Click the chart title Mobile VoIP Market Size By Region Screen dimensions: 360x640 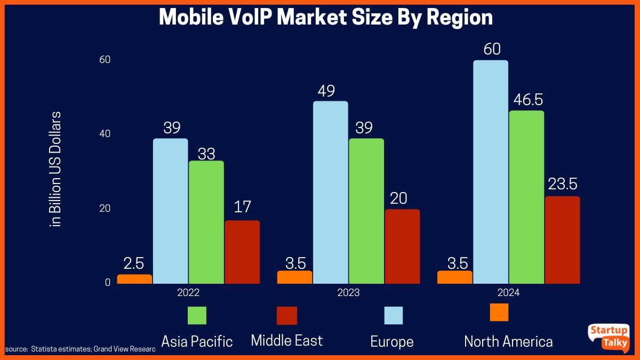point(326,18)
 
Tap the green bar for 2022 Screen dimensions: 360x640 point(206,222)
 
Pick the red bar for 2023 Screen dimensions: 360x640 point(402,246)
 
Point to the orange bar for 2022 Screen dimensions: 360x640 point(134,279)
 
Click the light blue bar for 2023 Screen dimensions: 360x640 point(330,192)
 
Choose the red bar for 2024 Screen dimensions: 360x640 point(562,239)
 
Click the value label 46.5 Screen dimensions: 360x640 point(526,100)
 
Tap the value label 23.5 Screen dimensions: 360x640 point(562,185)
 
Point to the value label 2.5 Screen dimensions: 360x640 point(134,264)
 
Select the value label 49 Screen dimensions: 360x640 point(326,91)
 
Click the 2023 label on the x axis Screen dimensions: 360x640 point(349,293)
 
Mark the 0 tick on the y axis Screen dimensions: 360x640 point(108,282)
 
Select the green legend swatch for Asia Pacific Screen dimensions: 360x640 point(197,315)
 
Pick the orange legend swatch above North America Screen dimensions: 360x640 point(499,312)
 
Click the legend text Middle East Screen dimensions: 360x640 point(287,340)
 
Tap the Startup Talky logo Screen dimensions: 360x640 point(607,337)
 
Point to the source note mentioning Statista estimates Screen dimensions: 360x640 point(80,349)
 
